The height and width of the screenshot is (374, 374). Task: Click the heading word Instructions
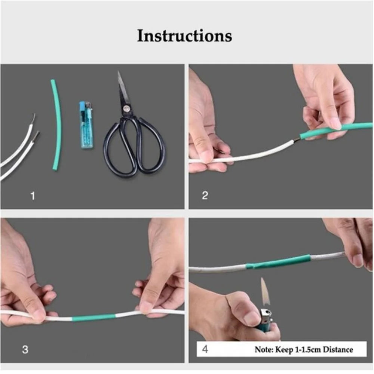pos(184,36)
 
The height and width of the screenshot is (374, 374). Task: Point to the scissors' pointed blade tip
pos(119,73)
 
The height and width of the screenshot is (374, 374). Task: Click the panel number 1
pos(33,196)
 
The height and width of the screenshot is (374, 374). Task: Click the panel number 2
pos(205,196)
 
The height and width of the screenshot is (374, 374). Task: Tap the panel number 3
pos(25,350)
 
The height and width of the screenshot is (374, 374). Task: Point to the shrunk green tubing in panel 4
pos(279,262)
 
